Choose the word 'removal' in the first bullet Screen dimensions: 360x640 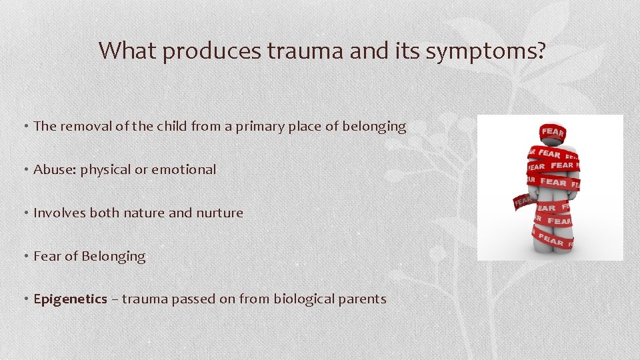[x=88, y=126]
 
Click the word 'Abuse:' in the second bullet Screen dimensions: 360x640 [x=55, y=169]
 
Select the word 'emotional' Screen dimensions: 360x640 [x=184, y=169]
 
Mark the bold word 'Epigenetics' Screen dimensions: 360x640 [x=70, y=299]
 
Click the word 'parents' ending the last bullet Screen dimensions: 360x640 [x=364, y=299]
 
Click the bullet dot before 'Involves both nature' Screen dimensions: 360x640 [x=26, y=213]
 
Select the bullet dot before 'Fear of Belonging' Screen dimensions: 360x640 [x=26, y=257]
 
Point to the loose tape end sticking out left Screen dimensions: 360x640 [x=523, y=200]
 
